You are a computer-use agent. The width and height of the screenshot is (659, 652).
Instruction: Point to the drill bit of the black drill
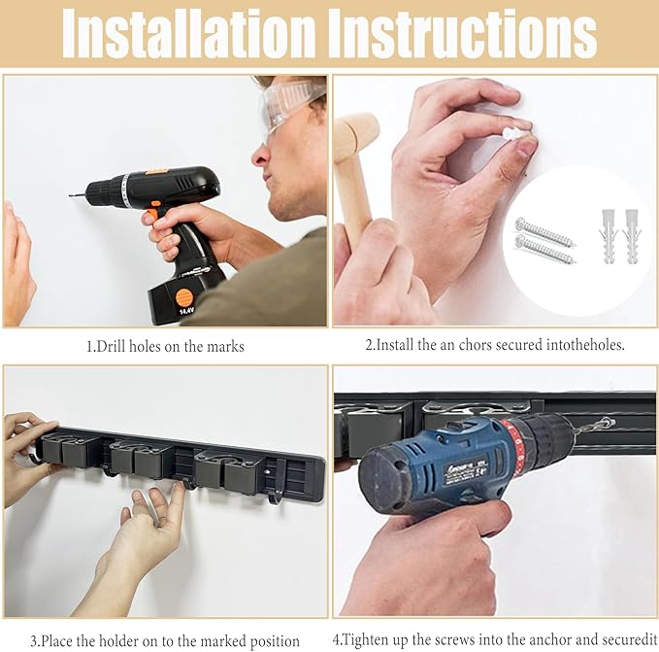coord(77,195)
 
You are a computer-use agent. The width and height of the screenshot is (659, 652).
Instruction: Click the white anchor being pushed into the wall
coord(513,132)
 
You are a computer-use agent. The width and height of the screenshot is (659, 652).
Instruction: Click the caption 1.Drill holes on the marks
coord(163,345)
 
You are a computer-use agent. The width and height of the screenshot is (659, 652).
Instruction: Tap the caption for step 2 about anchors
coord(495,345)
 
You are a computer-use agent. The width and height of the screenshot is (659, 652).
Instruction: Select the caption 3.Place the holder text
coord(164,640)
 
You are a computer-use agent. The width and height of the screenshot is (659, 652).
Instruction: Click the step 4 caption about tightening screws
coord(495,640)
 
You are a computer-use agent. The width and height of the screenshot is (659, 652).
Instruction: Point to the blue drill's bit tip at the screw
coord(606,425)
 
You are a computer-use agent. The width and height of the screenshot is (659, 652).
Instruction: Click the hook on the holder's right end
coord(277,497)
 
